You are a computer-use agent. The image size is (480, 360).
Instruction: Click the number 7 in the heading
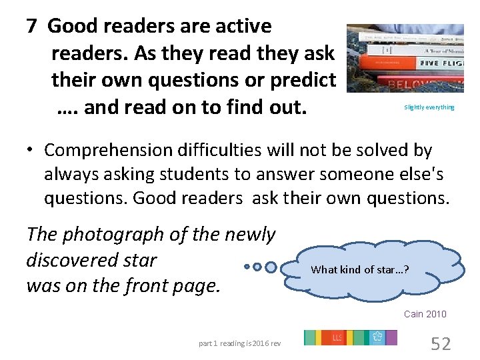point(31,27)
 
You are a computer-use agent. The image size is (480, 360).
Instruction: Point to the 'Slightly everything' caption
point(429,107)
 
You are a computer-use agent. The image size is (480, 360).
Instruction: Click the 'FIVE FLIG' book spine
point(434,63)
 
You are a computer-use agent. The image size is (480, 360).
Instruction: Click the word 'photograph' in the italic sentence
point(117,235)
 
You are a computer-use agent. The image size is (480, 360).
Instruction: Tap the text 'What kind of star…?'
point(360,269)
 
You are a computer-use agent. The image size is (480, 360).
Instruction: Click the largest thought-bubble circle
point(271,267)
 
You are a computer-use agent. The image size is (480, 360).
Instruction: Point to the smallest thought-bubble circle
point(247,267)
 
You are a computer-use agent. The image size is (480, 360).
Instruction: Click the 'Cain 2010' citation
point(425,314)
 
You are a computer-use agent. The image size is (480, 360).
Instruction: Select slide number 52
point(441,343)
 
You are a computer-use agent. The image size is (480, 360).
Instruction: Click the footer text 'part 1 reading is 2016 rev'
point(240,343)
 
